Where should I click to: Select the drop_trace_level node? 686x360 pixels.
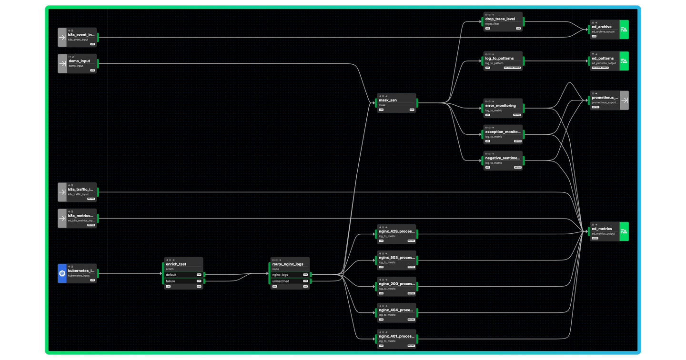pos(503,21)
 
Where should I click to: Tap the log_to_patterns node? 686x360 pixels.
pos(503,60)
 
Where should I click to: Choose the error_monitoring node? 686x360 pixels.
pos(503,108)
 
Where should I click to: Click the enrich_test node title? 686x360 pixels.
pos(176,264)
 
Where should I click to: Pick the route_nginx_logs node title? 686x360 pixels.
pos(287,264)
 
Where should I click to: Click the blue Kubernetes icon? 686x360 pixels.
pos(62,273)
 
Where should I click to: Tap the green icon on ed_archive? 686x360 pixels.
pos(624,30)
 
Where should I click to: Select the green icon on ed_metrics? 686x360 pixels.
pos(624,231)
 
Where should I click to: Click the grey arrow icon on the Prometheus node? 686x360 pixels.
pos(624,100)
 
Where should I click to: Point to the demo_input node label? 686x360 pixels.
pos(79,61)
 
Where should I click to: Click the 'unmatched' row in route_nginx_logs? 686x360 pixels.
pos(287,281)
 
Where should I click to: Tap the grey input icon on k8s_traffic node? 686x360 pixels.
pos(62,192)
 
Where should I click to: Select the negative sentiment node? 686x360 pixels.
pos(503,160)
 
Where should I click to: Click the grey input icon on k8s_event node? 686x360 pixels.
pos(62,37)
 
